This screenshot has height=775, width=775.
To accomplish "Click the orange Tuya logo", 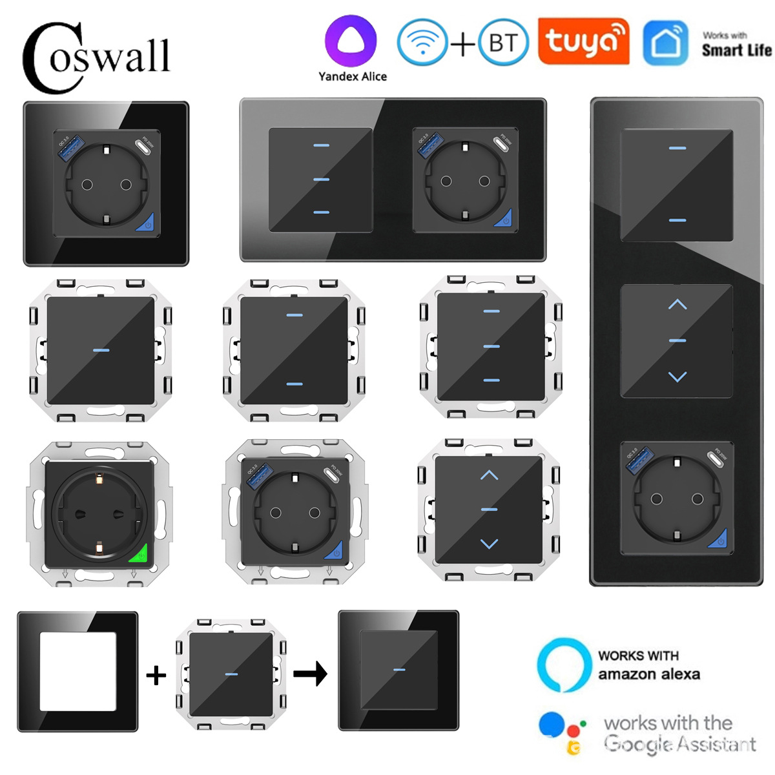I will (583, 41).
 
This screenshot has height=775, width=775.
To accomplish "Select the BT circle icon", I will (503, 43).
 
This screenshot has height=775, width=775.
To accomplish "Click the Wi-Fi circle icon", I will (422, 43).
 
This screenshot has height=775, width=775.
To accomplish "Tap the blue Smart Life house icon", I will (665, 43).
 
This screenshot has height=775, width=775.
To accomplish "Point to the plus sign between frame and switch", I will (156, 675).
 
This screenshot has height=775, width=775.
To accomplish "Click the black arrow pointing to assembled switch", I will (310, 674).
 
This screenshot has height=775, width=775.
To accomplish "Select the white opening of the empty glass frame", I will (78, 672).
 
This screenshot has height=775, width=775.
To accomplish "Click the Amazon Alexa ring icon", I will (564, 665).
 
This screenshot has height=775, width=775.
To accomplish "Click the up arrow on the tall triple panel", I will (677, 304).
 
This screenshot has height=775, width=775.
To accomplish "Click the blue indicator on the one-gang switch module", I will (101, 351).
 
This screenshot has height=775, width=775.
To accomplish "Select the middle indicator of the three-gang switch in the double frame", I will (321, 179).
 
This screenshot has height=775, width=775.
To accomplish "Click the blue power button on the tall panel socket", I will (718, 539).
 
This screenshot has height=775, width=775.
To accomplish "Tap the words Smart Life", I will (736, 50).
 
